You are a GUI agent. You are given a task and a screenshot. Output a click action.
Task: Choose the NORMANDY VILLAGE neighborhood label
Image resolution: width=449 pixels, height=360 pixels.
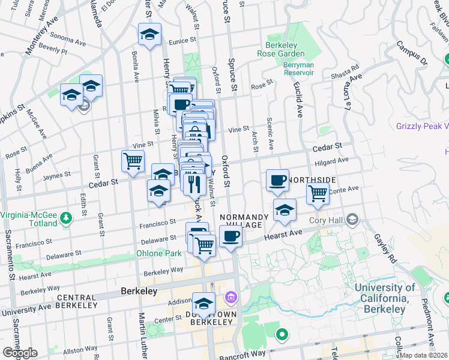pos(242,221)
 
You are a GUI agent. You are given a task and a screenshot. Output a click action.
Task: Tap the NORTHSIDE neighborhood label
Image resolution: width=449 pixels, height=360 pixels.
pos(310,179)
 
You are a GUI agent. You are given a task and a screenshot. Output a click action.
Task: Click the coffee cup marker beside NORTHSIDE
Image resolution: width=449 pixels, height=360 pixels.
pos(277,180)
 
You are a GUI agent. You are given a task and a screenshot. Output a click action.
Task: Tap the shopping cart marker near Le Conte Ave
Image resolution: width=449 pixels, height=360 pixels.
pos(318,193)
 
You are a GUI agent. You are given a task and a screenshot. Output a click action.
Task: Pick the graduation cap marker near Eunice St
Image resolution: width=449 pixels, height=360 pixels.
pos(149,34)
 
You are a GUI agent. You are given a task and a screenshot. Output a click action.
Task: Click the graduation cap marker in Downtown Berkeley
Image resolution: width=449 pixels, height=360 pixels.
pos(204,303)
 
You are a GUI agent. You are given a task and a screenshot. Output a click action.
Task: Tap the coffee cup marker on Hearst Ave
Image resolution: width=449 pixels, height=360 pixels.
pos(231,236)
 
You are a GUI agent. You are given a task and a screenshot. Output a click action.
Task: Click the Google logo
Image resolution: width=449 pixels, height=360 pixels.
pos(20,353)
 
